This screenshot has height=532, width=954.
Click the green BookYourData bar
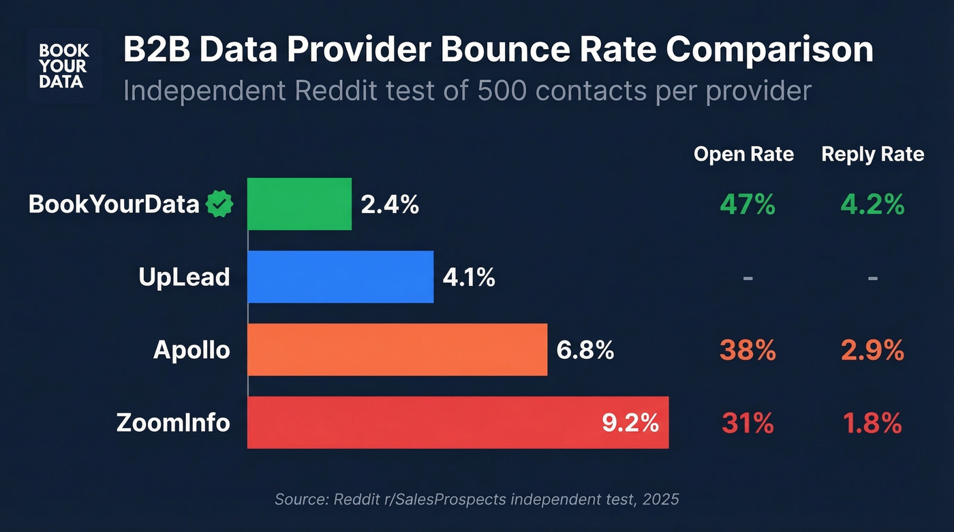point(299,204)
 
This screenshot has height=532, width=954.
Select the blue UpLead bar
point(340,277)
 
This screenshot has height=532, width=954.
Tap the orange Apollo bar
point(397,349)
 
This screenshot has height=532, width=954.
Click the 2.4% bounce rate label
point(390,204)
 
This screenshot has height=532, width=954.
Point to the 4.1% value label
point(469,277)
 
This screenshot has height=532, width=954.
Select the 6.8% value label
point(585,350)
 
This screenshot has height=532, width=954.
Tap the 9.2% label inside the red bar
point(630,422)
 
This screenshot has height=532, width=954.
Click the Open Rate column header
point(743,155)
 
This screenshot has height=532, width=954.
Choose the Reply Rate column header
point(872,155)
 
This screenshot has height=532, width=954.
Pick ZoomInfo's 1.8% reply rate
point(872,423)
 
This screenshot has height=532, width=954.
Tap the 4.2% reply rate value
point(872,204)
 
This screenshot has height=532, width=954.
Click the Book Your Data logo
point(63,66)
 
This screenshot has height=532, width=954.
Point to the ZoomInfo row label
point(173,423)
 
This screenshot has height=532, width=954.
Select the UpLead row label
point(184,277)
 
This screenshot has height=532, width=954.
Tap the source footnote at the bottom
point(476,499)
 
